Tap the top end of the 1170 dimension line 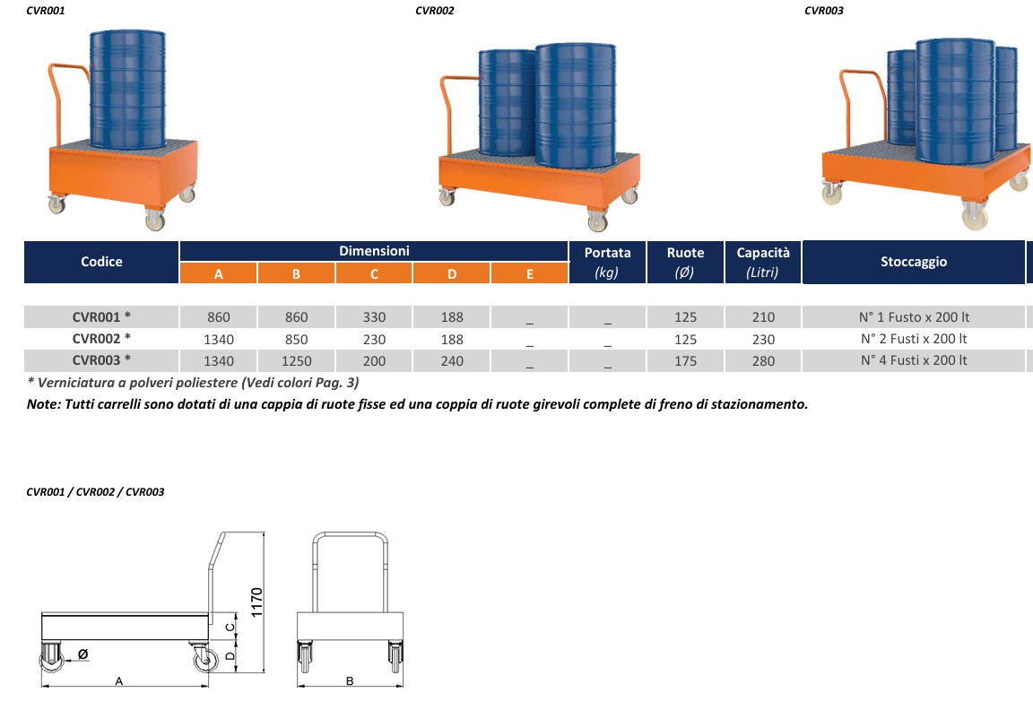point(264,532)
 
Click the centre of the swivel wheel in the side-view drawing point(205,659)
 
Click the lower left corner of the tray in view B point(297,640)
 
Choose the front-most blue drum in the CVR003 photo point(955,100)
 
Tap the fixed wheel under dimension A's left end point(51,657)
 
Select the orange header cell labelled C point(374,273)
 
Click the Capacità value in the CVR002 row point(763,340)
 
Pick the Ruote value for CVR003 point(685,361)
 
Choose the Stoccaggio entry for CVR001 point(914,317)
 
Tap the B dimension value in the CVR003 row point(297,361)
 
